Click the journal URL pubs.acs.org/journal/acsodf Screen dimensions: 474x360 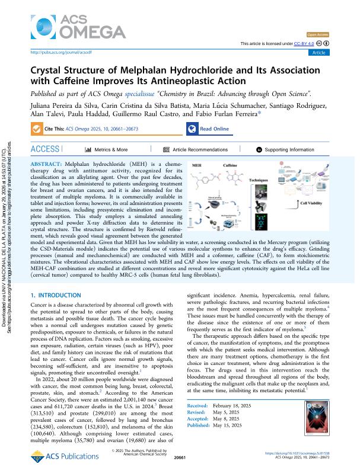56,52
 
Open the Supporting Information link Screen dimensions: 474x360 285,150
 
